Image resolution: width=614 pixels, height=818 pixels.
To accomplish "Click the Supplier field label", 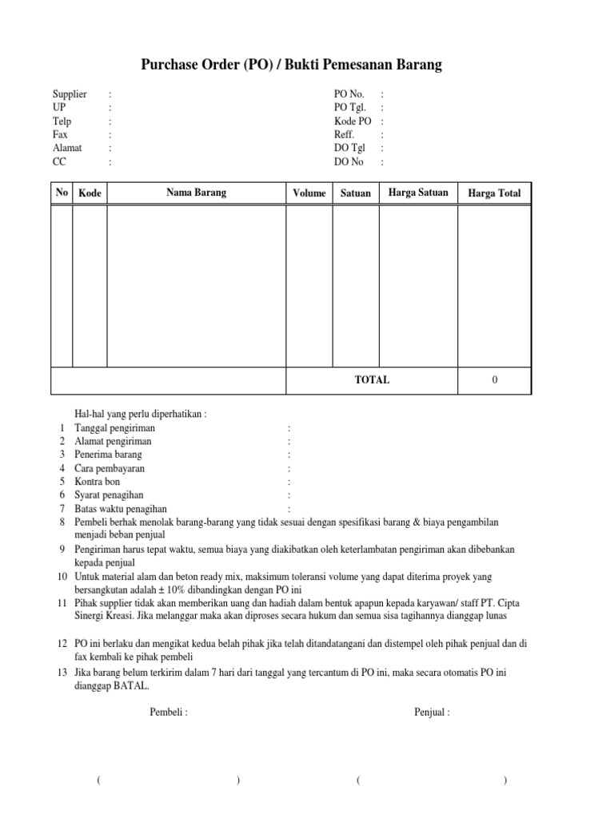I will tap(70, 94).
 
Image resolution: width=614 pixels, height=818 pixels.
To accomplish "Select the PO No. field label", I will tap(349, 94).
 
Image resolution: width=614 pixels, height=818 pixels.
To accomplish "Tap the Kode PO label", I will tap(353, 121).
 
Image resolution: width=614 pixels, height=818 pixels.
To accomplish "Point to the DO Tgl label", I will tap(349, 148).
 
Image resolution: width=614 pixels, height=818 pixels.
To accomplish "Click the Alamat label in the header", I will tap(67, 148).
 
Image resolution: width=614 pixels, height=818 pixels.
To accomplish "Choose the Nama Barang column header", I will tap(196, 193).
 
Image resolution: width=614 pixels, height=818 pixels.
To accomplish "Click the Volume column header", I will tap(309, 193).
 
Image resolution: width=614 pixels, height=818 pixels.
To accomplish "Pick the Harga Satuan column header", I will tap(418, 193).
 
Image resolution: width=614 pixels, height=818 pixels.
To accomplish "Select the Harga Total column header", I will tap(494, 193).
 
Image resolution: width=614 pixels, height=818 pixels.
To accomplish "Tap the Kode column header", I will tap(90, 193).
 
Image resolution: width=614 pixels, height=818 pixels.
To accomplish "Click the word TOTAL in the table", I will tap(372, 380).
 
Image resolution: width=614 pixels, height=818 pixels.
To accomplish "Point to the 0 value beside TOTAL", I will tap(494, 380).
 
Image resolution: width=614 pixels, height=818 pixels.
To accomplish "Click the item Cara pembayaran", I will tap(110, 468).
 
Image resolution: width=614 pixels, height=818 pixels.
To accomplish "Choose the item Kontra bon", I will tap(99, 482).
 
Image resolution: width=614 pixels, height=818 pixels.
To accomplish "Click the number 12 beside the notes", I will tap(62, 643).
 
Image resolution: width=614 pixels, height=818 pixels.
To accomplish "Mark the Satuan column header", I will tap(356, 193).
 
